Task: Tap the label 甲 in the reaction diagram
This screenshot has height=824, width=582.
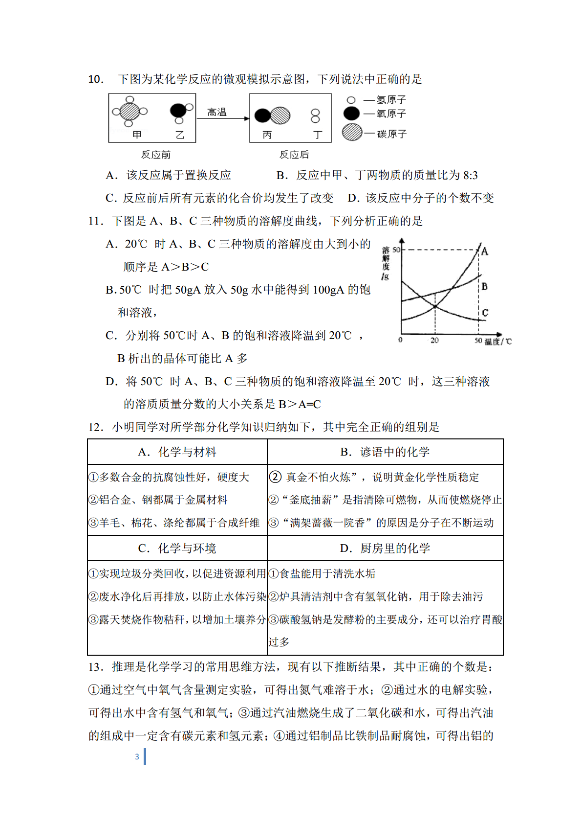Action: coord(137,135)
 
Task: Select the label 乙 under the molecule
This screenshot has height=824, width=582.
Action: coord(180,135)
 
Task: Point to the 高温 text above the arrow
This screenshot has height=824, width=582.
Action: coord(217,112)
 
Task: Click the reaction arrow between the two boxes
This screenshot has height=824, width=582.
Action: coord(223,119)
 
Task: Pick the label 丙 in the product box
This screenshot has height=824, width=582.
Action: coord(267,135)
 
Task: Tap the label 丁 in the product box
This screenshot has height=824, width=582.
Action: coord(318,135)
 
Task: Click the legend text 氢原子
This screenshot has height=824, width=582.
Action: coord(391,100)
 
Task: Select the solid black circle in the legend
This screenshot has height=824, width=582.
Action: coord(351,114)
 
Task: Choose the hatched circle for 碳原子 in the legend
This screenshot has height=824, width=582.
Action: coord(352,133)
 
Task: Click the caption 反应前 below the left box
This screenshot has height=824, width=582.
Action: coord(156,155)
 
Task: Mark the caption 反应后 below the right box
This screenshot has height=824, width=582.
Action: coord(294,155)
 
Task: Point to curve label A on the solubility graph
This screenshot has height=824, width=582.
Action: coord(485,252)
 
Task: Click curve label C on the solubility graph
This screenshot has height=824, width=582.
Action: coord(485,313)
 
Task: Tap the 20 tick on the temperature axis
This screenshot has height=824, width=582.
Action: coord(434,341)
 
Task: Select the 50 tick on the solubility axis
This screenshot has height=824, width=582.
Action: coord(396,250)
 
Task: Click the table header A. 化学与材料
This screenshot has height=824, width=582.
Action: coord(177,452)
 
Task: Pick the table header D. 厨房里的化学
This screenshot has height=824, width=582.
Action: coord(385,549)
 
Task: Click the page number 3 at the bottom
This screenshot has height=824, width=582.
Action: coord(137,756)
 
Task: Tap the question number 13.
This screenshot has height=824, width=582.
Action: coord(96,667)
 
